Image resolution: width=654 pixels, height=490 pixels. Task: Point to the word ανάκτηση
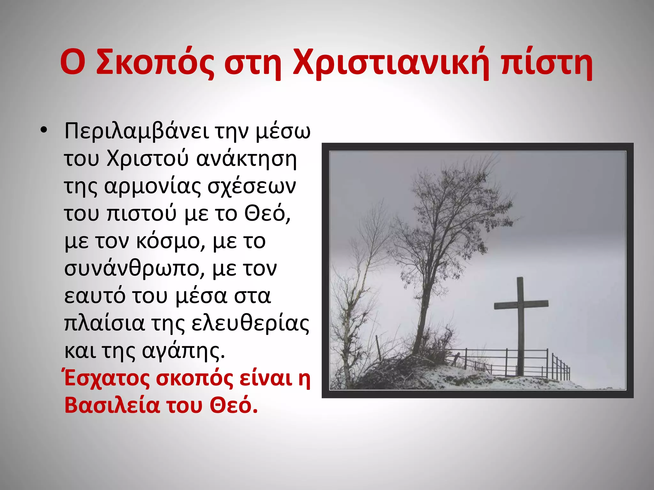pos(246,159)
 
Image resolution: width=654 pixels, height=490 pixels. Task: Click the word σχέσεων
pos(252,187)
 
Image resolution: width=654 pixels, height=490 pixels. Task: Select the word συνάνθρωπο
pos(134,269)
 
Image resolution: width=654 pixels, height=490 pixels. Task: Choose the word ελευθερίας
pos(250,324)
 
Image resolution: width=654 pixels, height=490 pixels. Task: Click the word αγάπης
pos(183,352)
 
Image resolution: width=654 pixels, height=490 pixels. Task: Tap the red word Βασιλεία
pos(112,406)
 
